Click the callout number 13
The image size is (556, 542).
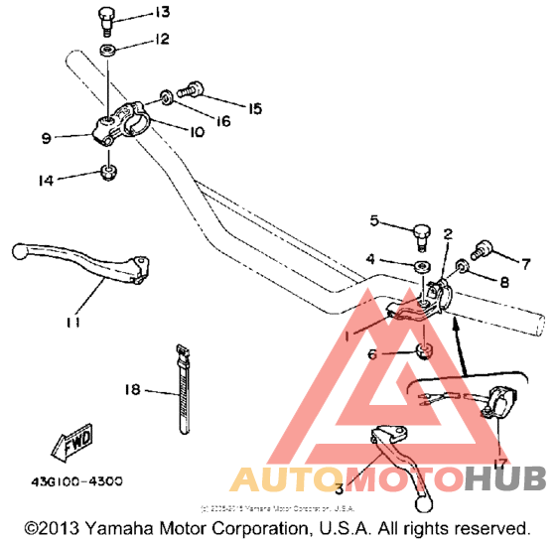pos(162,13)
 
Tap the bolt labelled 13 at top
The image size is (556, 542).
pos(107,18)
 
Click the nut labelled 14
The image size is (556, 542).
pos(107,174)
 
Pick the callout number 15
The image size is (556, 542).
pos(255,107)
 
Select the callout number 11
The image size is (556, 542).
pos(71,322)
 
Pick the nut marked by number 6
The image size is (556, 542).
pos(422,350)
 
